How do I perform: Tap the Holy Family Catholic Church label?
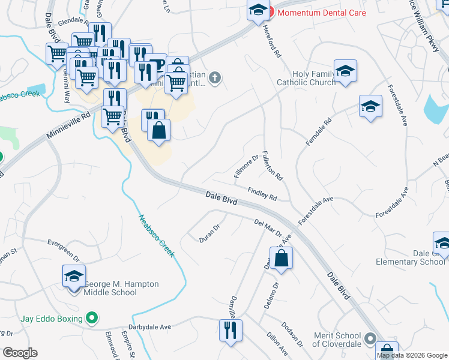pyautogui.click(x=306, y=77)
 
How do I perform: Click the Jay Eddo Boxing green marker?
pyautogui.click(x=92, y=317)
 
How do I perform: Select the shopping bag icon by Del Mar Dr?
pyautogui.click(x=281, y=259)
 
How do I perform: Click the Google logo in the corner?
pyautogui.click(x=20, y=353)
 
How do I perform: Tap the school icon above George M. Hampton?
pyautogui.click(x=74, y=277)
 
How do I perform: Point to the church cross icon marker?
pyautogui.click(x=215, y=77)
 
